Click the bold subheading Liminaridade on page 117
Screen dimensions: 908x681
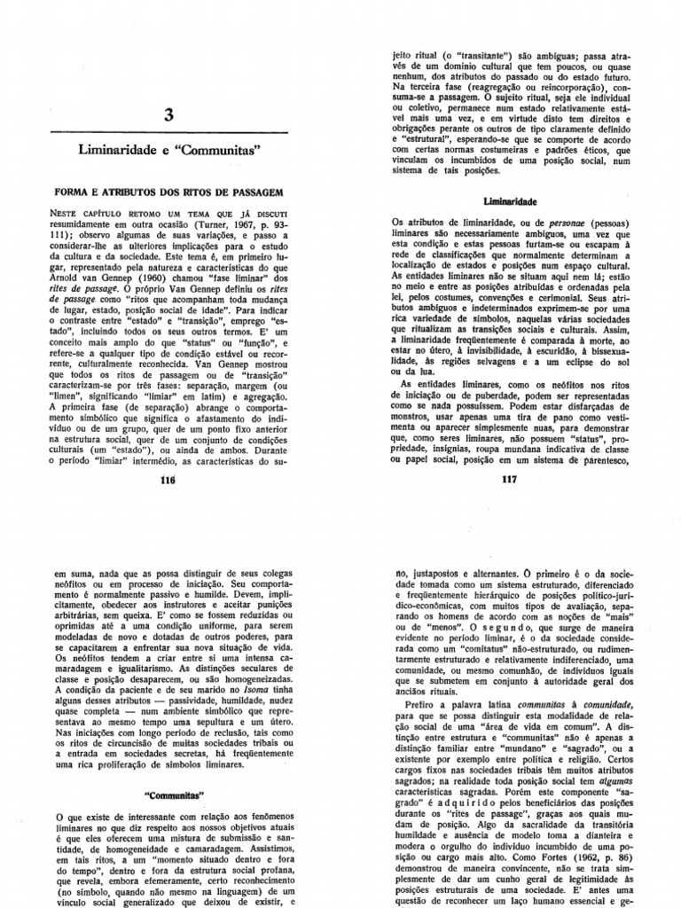pos(508,201)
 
